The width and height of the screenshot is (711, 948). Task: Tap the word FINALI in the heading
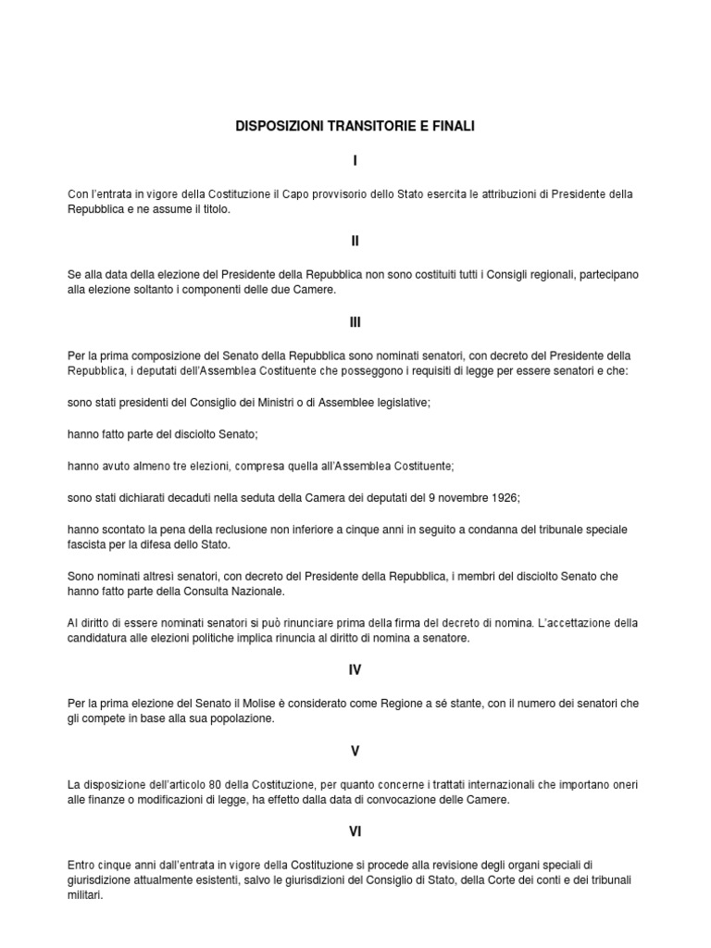452,125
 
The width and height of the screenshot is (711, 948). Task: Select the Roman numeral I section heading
355,161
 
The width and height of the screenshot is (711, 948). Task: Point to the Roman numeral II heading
355,241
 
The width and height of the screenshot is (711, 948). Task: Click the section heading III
355,322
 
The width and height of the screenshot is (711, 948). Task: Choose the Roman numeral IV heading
355,670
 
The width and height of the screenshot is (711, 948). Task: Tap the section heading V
355,751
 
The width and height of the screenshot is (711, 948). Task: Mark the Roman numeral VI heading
355,832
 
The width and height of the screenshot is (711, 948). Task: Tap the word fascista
90,545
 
